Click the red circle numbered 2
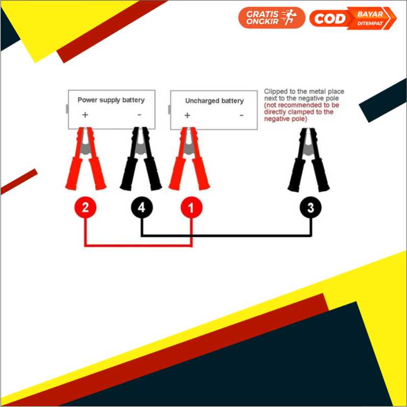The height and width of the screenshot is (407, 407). click(85, 208)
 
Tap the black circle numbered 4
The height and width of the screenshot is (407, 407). click(141, 208)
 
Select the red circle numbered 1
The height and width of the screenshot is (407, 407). click(191, 208)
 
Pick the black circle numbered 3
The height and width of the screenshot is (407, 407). click(310, 208)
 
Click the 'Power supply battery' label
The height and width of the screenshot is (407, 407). click(111, 100)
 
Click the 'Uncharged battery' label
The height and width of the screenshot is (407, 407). click(214, 101)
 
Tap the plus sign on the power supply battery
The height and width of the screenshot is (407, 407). click(85, 115)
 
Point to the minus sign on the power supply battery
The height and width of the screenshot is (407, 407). click(139, 115)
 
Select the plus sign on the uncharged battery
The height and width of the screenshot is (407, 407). click(187, 115)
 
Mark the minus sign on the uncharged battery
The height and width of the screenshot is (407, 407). click(241, 115)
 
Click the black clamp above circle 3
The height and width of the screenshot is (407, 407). click(309, 160)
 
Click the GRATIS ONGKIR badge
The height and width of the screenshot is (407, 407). click(271, 18)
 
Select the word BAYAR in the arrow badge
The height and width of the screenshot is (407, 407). click(370, 14)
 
